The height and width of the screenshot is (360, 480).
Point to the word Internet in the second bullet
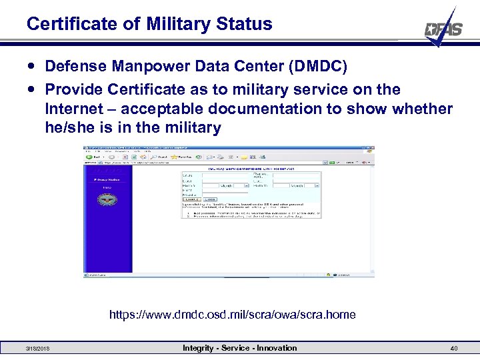[x=75, y=109]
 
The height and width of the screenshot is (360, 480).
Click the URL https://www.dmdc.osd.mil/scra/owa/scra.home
[x=233, y=314]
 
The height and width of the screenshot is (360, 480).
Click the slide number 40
[x=454, y=349]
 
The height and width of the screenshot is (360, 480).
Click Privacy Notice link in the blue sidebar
[x=106, y=179]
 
